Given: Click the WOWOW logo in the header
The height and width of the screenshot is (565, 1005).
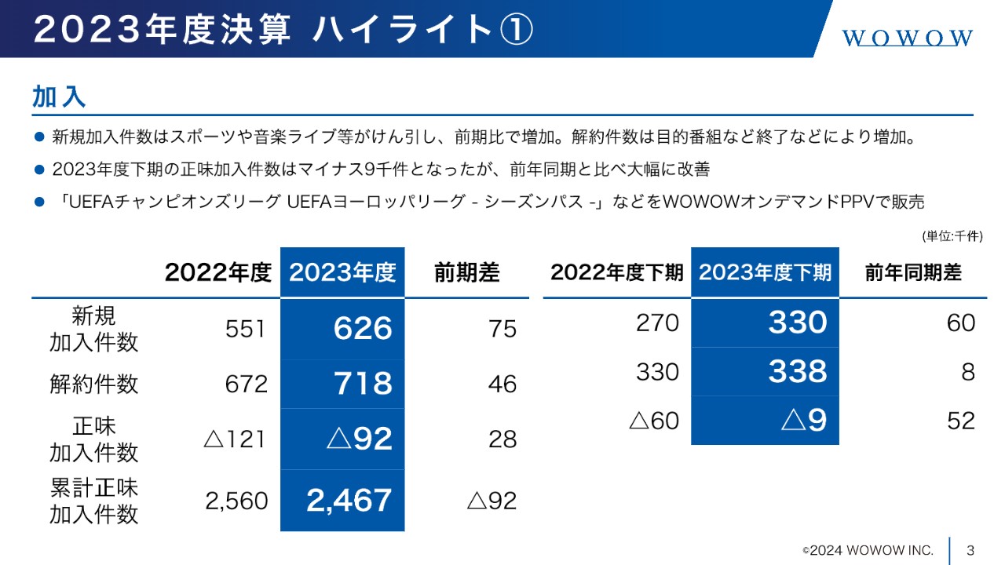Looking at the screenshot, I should (x=908, y=38).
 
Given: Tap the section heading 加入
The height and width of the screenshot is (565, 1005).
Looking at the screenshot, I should (x=59, y=97).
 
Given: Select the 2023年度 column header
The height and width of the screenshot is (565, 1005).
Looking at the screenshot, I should (x=342, y=273).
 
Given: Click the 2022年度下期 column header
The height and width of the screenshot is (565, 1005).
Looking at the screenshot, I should (x=616, y=273).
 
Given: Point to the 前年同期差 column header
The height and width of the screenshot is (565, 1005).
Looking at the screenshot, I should (x=913, y=273).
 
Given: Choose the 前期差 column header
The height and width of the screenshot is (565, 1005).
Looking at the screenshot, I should (x=466, y=273).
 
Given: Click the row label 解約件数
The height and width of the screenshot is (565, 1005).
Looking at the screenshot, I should (x=93, y=384).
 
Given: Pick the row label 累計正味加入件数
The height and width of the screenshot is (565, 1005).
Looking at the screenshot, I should (x=93, y=501).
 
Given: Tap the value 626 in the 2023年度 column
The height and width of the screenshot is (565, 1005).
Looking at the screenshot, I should (x=362, y=328).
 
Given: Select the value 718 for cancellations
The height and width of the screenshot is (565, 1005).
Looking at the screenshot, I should (x=362, y=384).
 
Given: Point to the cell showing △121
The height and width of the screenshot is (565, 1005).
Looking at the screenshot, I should (x=236, y=439).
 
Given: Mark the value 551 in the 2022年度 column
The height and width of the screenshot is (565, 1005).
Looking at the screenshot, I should (x=246, y=329).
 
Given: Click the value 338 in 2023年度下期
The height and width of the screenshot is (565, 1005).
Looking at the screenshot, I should (x=797, y=371).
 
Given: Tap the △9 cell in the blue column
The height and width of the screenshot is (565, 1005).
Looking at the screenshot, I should (x=804, y=421).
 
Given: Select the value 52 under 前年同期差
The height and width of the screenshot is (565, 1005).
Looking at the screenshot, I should (x=960, y=421).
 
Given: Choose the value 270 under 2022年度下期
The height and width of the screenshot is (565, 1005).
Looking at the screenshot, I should (x=657, y=323).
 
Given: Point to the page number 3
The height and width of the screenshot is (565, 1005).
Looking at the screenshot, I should (x=970, y=549).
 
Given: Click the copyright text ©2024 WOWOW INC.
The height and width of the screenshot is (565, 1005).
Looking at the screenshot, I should (x=868, y=550).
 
